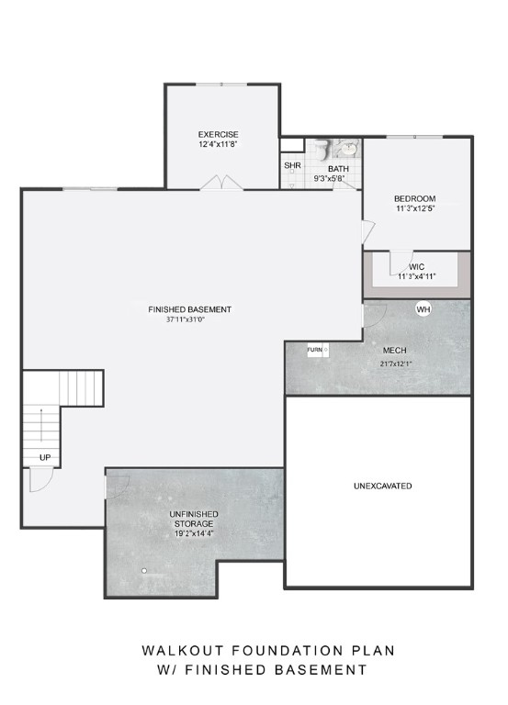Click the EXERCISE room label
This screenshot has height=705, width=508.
(x=218, y=134)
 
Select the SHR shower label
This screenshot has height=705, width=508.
(x=292, y=166)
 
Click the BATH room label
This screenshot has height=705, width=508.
(x=339, y=168)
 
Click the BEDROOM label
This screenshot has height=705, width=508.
(x=414, y=199)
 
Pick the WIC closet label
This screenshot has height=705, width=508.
(x=416, y=267)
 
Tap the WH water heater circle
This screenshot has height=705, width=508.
(x=423, y=309)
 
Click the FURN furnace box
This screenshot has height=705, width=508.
(x=315, y=350)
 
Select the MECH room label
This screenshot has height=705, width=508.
(x=394, y=351)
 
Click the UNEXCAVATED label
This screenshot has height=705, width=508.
(x=382, y=486)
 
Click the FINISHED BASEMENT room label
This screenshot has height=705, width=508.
(x=189, y=309)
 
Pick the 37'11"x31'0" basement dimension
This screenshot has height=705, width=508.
(x=189, y=320)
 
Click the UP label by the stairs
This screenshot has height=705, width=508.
(x=43, y=456)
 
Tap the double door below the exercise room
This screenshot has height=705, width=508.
(x=221, y=184)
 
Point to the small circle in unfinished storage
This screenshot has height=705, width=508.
(x=143, y=570)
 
